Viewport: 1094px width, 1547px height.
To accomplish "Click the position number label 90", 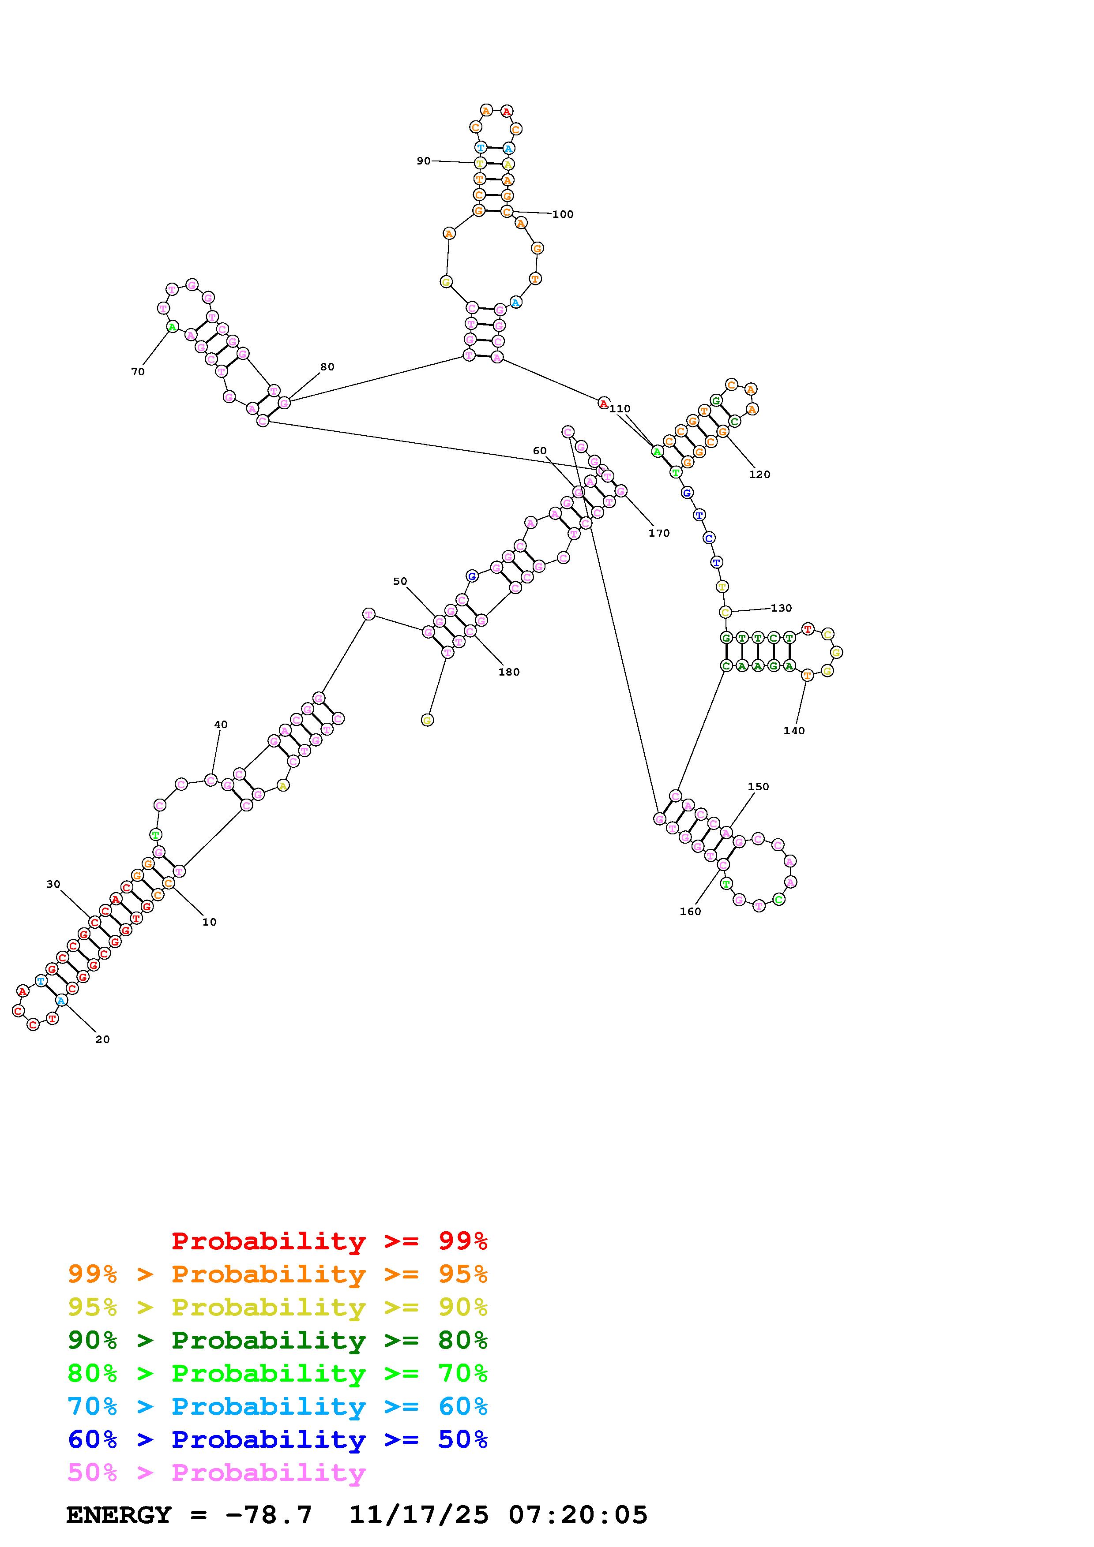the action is (423, 161).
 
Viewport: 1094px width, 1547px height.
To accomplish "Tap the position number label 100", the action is (563, 214).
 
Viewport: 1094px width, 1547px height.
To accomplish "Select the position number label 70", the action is (138, 372).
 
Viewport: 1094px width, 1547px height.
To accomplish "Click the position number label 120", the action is (759, 475).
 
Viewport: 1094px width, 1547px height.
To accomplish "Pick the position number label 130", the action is (781, 608).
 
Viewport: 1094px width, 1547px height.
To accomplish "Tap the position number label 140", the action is (794, 730).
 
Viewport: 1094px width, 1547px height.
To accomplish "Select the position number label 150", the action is (758, 786).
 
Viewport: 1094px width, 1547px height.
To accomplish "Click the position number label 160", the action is (690, 912).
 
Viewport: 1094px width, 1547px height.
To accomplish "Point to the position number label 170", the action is (659, 533).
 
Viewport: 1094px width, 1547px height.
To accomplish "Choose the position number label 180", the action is (509, 672).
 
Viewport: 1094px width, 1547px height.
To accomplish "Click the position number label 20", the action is (102, 1039).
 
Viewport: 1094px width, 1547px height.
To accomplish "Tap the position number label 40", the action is (220, 724).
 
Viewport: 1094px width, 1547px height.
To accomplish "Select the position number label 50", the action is (400, 581).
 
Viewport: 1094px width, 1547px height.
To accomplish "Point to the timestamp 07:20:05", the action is (579, 1515).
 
